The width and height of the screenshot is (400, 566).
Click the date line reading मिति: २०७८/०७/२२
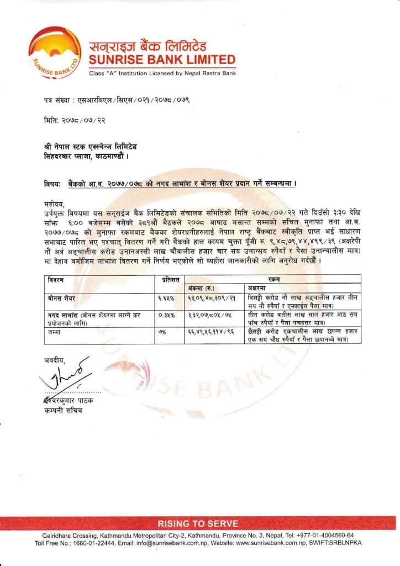click(x=74, y=119)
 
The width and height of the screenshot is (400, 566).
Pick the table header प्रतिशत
click(x=169, y=280)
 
